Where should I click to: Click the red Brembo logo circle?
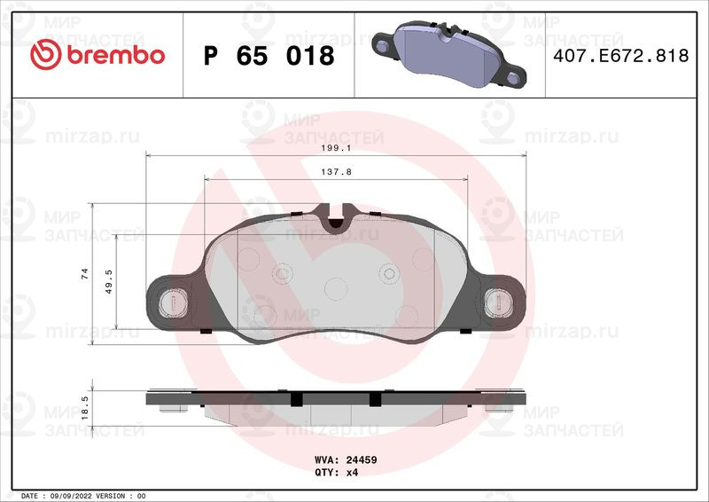[x=46, y=54]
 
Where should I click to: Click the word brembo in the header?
[x=116, y=55]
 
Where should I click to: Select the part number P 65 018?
[x=269, y=56]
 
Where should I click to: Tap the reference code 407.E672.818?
[x=621, y=55]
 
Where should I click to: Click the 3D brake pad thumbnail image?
[x=448, y=54]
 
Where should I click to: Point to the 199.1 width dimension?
[x=336, y=148]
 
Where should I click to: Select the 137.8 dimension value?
[x=336, y=172]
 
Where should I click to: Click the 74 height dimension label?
[x=85, y=273]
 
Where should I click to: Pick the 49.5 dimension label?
[x=108, y=281]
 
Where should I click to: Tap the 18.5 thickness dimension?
[x=85, y=407]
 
